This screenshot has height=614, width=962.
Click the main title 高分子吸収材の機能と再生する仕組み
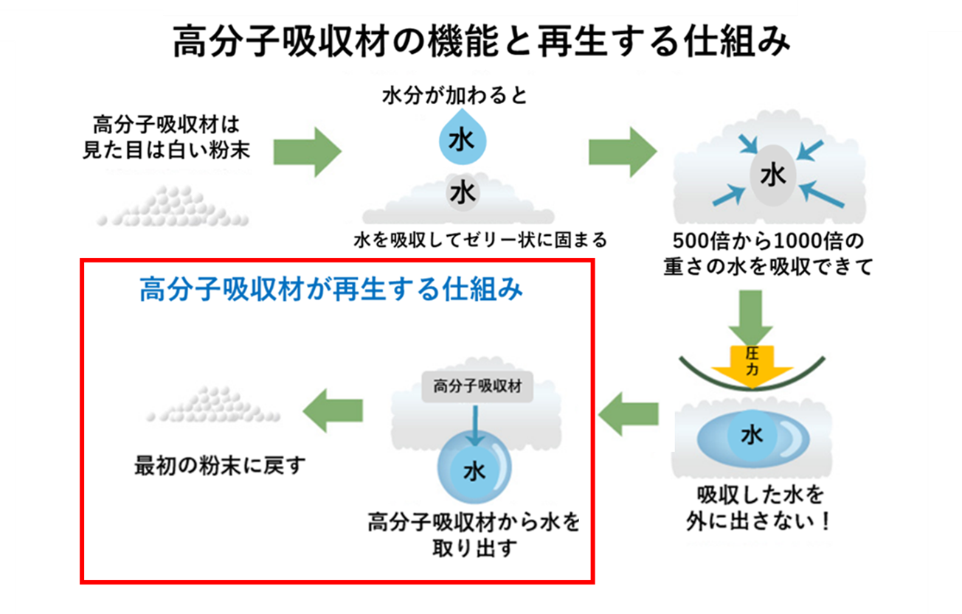[x=481, y=43]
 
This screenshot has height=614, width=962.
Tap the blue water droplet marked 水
[x=462, y=138]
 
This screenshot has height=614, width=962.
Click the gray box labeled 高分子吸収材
[x=477, y=386]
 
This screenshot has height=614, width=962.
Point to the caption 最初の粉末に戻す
[x=219, y=466]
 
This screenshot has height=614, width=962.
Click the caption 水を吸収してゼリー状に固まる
[x=480, y=240]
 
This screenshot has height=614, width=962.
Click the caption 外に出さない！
[x=758, y=521]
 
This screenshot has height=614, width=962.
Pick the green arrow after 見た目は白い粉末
[x=307, y=152]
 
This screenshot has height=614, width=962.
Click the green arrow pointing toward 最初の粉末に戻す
[x=333, y=411]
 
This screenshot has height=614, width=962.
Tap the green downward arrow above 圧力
[x=752, y=317]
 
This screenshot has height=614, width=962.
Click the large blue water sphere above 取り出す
[x=474, y=468]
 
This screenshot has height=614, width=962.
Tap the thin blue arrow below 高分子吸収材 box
[x=475, y=424]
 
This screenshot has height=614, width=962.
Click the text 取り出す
[x=474, y=548]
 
